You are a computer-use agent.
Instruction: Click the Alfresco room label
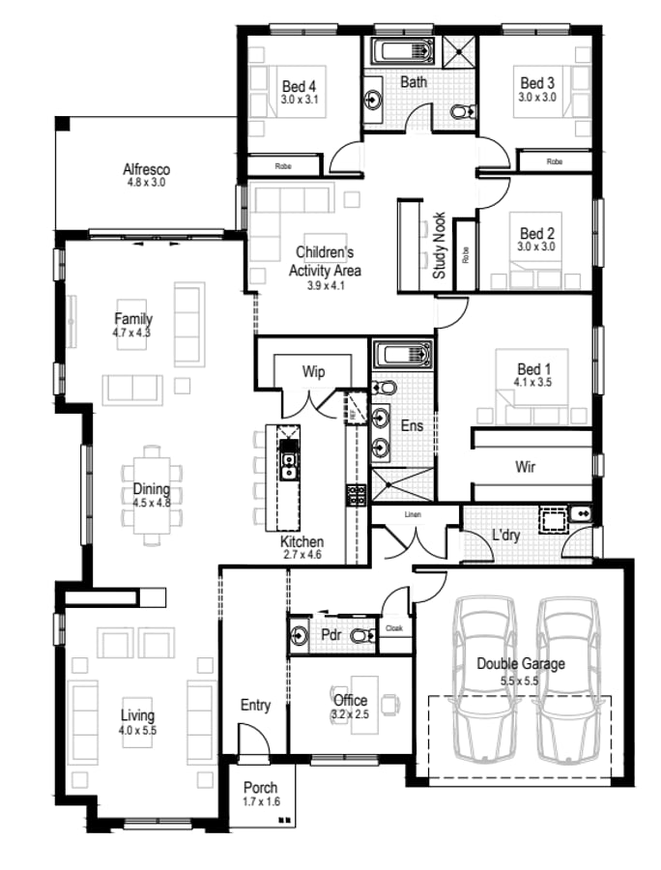pos(146,169)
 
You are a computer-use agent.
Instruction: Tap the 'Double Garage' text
pos(520,664)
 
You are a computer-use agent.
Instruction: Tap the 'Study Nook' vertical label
pos(439,246)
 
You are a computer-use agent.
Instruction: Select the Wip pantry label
pos(313,370)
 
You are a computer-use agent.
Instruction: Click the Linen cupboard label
pos(414,514)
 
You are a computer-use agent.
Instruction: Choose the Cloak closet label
pos(394,628)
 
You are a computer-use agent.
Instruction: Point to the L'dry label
pos(507,535)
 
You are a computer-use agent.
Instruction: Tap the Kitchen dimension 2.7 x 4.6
pos(302,555)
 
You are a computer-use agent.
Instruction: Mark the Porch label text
pos(261,787)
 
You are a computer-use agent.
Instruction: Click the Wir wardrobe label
pos(525,467)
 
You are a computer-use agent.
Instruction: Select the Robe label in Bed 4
pos(283,166)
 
